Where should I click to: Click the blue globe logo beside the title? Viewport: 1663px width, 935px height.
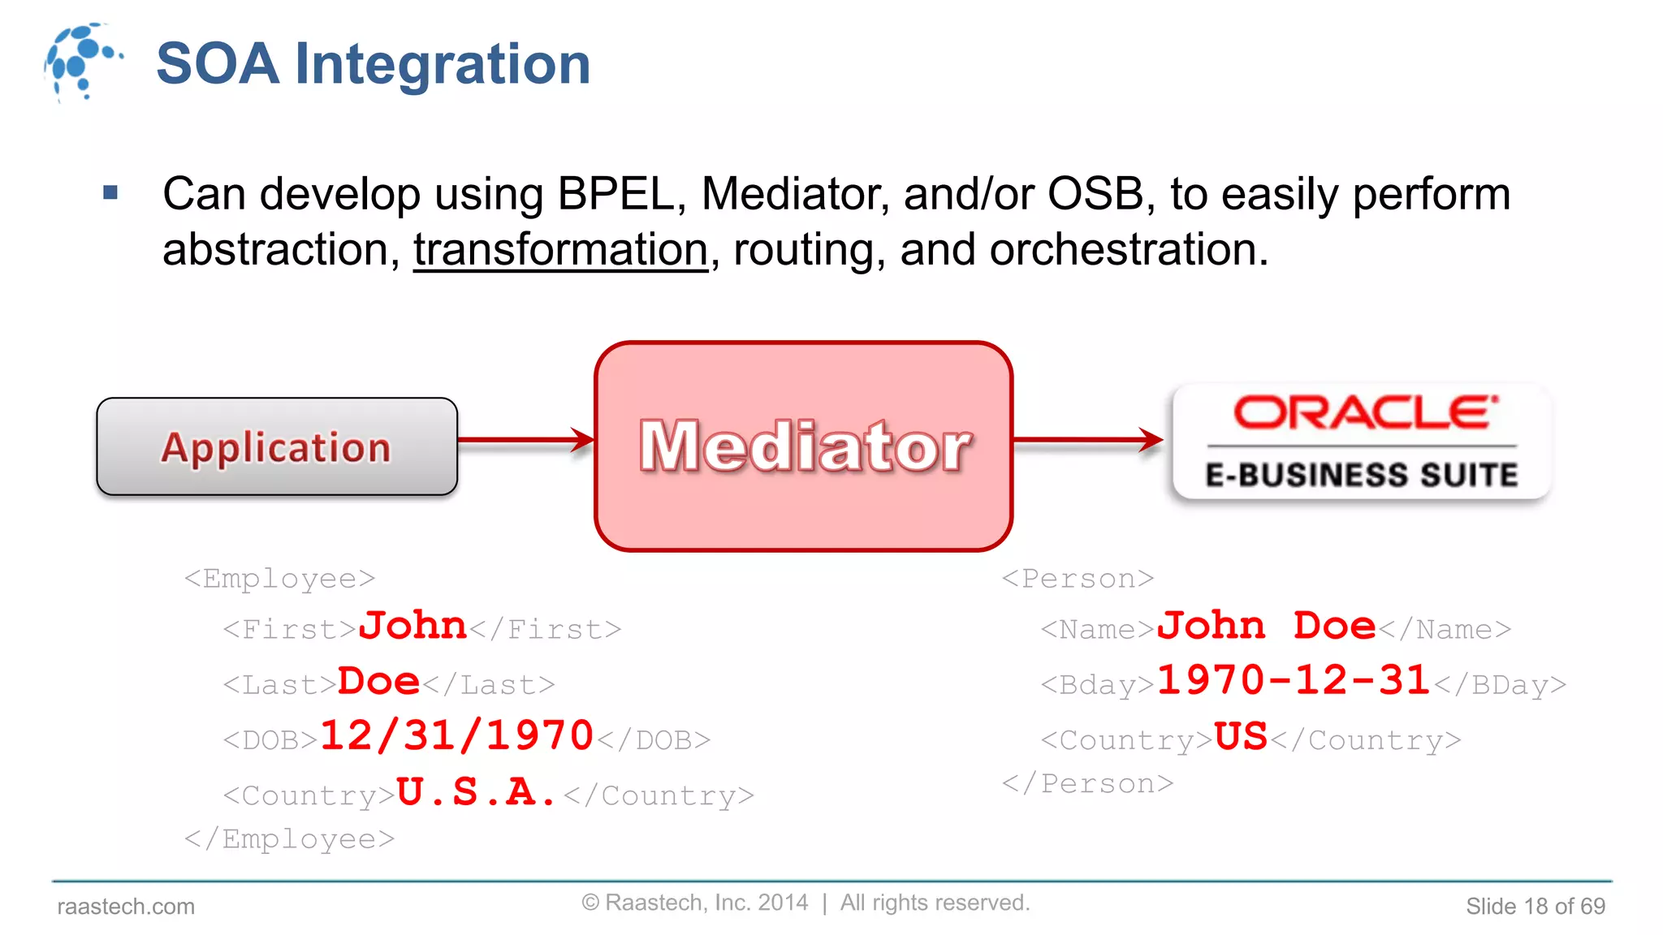point(81,61)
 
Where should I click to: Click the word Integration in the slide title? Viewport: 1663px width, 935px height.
point(443,64)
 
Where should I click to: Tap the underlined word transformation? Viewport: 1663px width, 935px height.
point(560,249)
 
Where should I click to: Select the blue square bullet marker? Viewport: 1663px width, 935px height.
point(111,193)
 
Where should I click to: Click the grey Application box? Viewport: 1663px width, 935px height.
point(276,446)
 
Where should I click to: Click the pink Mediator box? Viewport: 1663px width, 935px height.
point(803,446)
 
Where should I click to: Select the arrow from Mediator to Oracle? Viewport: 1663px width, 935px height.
point(1088,440)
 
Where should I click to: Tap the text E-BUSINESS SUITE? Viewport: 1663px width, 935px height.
point(1362,475)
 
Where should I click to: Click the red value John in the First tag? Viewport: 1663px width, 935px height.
point(413,626)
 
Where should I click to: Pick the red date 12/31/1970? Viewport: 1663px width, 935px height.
point(456,736)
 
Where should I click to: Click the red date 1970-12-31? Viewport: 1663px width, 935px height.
point(1293,680)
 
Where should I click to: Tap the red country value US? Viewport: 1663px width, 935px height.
point(1240,737)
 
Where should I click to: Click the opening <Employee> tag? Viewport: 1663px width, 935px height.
point(279,579)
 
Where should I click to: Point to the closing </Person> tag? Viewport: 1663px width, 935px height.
point(1087,784)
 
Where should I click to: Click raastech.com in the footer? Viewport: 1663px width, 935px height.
point(126,907)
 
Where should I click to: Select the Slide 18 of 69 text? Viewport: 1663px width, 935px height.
point(1535,907)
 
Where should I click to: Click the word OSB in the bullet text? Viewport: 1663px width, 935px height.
point(1095,194)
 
